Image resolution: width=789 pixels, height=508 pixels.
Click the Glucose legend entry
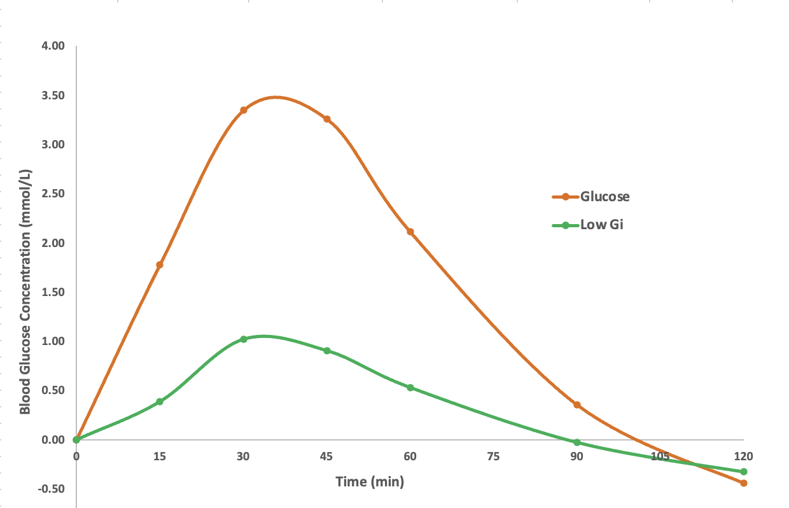[x=604, y=197]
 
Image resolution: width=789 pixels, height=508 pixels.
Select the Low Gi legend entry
[x=601, y=225]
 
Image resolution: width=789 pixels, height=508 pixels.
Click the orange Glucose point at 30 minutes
[x=243, y=110]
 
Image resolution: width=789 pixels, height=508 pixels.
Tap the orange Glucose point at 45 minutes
[x=327, y=119]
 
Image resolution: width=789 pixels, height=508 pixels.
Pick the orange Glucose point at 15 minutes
[x=160, y=265]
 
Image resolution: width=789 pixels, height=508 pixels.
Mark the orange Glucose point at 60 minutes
[x=410, y=232]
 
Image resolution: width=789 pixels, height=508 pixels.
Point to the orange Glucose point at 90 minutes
[x=577, y=405]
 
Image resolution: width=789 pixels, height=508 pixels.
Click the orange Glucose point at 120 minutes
[x=744, y=483]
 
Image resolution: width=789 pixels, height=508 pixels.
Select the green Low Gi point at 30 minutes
[x=243, y=339]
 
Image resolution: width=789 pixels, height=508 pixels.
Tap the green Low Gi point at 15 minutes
[x=160, y=402]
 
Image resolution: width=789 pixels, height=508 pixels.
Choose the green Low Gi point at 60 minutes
[x=410, y=388]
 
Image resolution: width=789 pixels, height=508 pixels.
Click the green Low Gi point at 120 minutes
[x=744, y=472]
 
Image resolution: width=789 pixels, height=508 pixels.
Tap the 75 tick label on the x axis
[x=493, y=456]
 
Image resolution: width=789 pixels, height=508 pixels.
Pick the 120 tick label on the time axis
[x=743, y=456]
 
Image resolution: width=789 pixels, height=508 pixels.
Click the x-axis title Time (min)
[x=370, y=482]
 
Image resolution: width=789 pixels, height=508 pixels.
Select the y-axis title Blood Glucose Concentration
[x=25, y=291]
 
